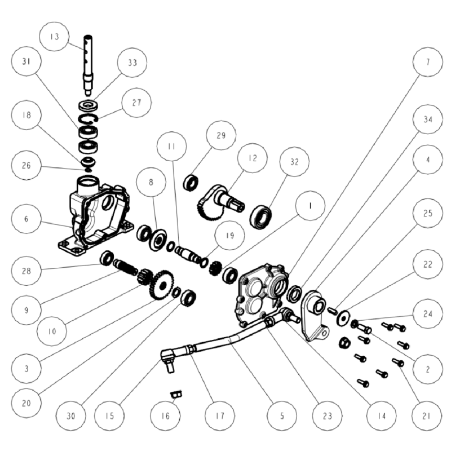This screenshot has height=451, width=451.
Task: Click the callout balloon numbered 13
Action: (x=54, y=37)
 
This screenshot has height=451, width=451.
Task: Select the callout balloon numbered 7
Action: (x=428, y=62)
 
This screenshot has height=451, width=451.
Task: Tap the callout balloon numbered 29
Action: (x=221, y=135)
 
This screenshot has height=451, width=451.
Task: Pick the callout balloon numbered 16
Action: (x=165, y=415)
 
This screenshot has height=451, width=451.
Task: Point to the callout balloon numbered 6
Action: (x=26, y=219)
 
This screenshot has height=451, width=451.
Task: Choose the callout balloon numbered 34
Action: (x=428, y=119)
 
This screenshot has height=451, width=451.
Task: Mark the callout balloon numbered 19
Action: (x=229, y=235)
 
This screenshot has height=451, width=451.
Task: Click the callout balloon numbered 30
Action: (x=71, y=415)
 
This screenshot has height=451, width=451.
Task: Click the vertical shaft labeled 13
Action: (x=88, y=65)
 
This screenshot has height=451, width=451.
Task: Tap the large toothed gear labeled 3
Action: (x=162, y=285)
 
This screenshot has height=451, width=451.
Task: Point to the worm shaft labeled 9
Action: (x=126, y=267)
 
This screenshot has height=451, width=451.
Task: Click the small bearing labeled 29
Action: (x=191, y=182)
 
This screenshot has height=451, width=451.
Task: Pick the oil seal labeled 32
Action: (x=260, y=217)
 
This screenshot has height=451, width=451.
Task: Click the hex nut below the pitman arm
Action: (x=344, y=343)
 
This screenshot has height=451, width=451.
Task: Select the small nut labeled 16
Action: (x=176, y=394)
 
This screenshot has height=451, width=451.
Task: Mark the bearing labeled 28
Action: (x=107, y=258)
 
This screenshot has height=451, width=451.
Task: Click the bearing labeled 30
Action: (x=189, y=298)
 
